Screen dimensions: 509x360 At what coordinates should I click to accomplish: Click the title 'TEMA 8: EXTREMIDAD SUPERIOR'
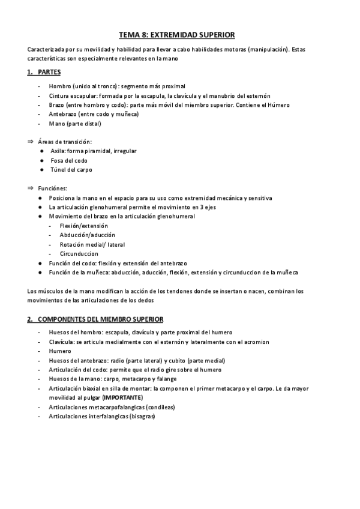[180, 35]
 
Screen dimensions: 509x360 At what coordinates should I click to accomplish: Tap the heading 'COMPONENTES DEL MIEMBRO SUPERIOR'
[100, 319]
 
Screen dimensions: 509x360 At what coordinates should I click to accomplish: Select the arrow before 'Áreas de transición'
[31, 142]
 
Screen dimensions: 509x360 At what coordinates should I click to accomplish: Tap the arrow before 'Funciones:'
[31, 188]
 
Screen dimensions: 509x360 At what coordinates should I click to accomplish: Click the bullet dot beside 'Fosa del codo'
[42, 161]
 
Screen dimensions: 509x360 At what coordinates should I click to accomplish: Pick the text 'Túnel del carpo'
[71, 170]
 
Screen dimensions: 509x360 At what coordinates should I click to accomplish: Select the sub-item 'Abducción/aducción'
[88, 235]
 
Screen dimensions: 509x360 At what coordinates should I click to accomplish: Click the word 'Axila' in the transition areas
[58, 151]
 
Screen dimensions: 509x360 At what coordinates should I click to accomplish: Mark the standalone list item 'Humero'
[61, 351]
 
